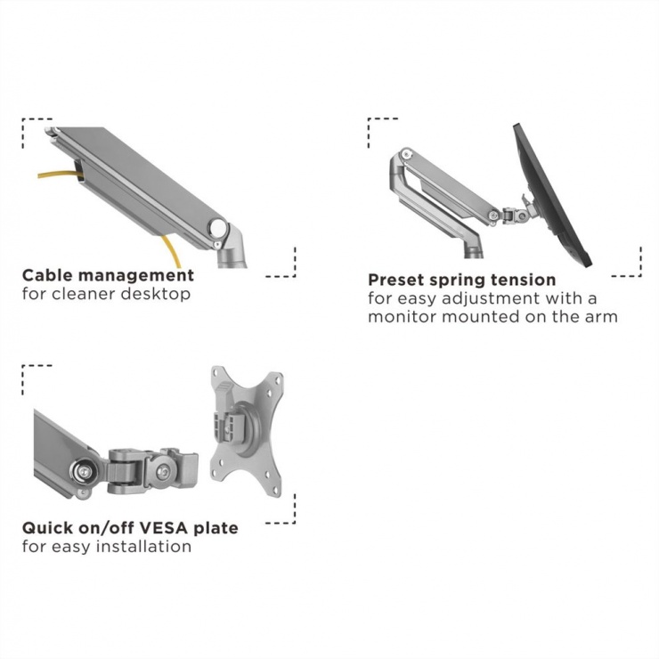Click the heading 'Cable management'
tap(108, 275)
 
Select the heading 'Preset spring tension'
tap(461, 281)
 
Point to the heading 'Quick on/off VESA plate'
tap(130, 528)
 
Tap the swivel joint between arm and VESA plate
tap(151, 469)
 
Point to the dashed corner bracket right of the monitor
tap(631, 264)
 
